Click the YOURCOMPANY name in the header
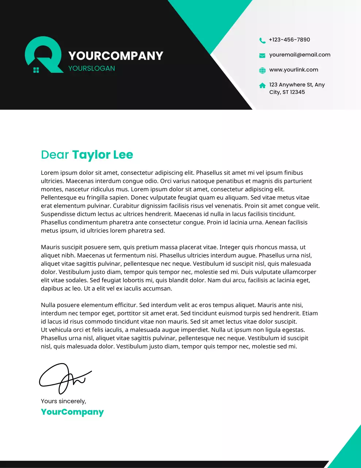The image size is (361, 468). click(x=116, y=56)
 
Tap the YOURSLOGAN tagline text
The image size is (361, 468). click(x=92, y=68)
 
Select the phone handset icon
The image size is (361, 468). click(x=262, y=40)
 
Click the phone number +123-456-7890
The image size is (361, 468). click(x=289, y=39)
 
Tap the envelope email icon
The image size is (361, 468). click(x=262, y=56)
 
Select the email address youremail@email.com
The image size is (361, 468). click(x=300, y=55)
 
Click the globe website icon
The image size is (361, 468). click(x=262, y=71)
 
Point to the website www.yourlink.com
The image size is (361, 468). click(x=293, y=70)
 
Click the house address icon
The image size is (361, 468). click(x=262, y=86)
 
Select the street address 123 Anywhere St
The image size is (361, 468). click(x=297, y=85)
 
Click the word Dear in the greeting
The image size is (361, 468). click(x=55, y=155)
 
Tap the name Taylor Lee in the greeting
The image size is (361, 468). click(x=103, y=155)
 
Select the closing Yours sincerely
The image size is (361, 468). click(x=64, y=401)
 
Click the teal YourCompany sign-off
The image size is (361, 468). click(x=72, y=412)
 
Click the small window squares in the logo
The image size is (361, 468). click(x=36, y=70)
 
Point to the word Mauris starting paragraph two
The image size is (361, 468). click(x=50, y=247)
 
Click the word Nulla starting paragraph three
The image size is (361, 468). click(x=48, y=305)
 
